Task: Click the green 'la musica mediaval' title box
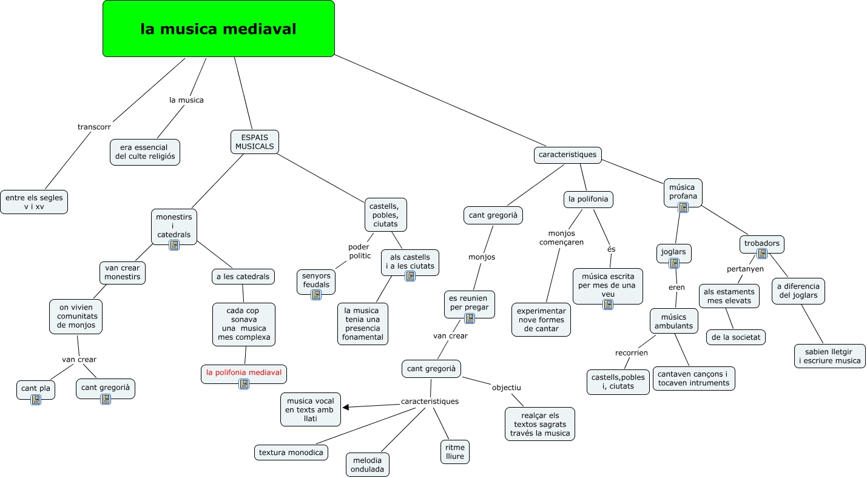(218, 29)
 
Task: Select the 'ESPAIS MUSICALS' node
(255, 142)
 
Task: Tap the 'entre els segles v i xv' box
(34, 202)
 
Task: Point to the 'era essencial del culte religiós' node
(145, 152)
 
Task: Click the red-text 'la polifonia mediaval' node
(244, 374)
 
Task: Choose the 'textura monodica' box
(291, 453)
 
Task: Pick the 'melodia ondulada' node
(368, 465)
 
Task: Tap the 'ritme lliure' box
(455, 452)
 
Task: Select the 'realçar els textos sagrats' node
(540, 424)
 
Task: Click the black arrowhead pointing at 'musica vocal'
(346, 407)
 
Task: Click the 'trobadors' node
(761, 244)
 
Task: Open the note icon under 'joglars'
(674, 263)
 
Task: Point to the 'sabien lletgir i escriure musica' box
(830, 356)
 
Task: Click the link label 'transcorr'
(94, 127)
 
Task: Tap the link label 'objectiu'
(506, 388)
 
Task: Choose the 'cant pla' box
(36, 389)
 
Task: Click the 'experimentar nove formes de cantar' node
(541, 320)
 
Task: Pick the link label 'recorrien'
(631, 352)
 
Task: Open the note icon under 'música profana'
(683, 207)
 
